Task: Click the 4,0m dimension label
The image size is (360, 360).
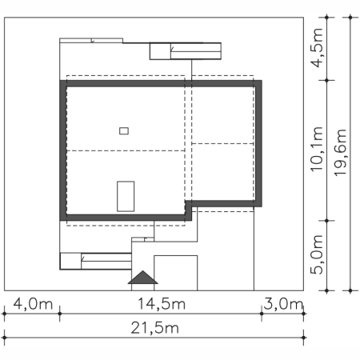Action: pyautogui.click(x=33, y=304)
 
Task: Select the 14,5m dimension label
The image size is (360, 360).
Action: pyautogui.click(x=162, y=304)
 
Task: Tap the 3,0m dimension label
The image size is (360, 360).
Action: pyautogui.click(x=283, y=304)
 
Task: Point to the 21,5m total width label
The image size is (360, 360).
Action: pyautogui.click(x=154, y=328)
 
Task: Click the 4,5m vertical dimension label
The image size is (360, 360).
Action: pyautogui.click(x=317, y=48)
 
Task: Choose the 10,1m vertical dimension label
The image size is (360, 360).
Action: pyautogui.click(x=317, y=150)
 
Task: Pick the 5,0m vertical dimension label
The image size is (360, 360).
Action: pyautogui.click(x=317, y=255)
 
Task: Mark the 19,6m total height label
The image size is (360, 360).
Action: pyautogui.click(x=341, y=153)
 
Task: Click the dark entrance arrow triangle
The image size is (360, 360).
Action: pyautogui.click(x=143, y=278)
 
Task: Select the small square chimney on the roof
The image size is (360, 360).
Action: pyautogui.click(x=124, y=131)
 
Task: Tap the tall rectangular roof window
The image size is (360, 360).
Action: pyautogui.click(x=126, y=197)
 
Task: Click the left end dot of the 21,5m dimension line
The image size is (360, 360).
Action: pyautogui.click(x=4, y=338)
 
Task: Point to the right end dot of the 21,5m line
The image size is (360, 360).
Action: pyautogui.click(x=303, y=338)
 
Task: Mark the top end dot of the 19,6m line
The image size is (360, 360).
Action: pyautogui.click(x=350, y=18)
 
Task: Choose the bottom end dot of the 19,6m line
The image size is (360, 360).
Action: pyautogui.click(x=350, y=290)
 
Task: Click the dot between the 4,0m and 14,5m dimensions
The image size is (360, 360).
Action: pyautogui.click(x=60, y=314)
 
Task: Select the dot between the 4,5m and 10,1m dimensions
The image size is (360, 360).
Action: pyautogui.click(x=327, y=80)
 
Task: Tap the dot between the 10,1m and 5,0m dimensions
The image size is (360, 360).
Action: pyautogui.click(x=327, y=221)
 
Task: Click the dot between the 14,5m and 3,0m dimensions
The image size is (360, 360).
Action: pyautogui.click(x=262, y=314)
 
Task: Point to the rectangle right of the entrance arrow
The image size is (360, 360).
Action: pyautogui.click(x=176, y=273)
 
